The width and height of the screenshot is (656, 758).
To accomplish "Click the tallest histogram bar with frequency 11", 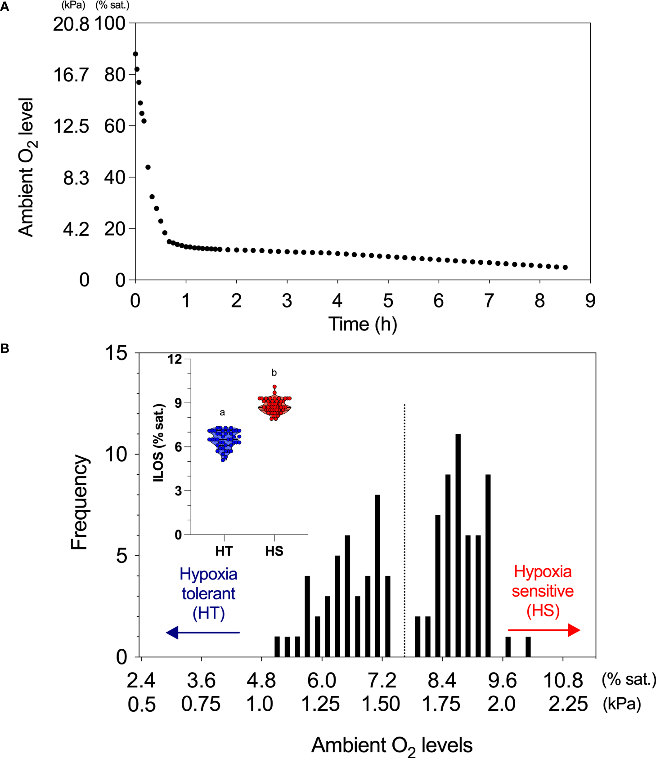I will pos(458,545).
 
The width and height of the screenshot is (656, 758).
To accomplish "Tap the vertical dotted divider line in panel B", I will pos(404,531).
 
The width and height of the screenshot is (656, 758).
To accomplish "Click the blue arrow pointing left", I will pos(202,632).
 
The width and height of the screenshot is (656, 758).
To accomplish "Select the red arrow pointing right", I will pos(544,630).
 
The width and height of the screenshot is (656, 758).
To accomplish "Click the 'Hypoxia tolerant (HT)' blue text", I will pos(208,593).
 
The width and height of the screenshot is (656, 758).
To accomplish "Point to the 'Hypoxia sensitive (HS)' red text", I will pos(543,591).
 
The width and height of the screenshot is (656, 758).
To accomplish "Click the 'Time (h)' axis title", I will pos(363,324).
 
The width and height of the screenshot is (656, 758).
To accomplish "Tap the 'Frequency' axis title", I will pos(80,502).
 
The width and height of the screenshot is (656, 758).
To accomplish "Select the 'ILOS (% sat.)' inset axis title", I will pos(159,443).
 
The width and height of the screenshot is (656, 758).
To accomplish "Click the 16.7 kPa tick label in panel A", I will pos(71,75).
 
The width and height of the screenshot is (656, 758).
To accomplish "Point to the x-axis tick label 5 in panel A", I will pos(388,301).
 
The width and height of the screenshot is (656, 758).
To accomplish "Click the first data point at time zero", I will pos(135,54).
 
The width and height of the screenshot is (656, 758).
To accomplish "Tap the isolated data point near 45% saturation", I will pos(148,167).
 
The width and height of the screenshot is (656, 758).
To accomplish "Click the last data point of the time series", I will pos(565,268).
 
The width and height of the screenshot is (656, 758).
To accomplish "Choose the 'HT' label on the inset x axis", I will pos(224,551).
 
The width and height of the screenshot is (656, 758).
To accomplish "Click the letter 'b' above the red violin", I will pos(274,373).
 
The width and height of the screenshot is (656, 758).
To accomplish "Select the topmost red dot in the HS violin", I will pos(274,387).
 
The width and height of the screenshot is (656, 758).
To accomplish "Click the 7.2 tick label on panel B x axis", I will pos(382,681).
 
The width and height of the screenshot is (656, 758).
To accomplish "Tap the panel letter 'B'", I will pos(5,348).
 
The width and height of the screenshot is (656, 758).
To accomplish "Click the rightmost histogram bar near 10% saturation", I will pos(528,647).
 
